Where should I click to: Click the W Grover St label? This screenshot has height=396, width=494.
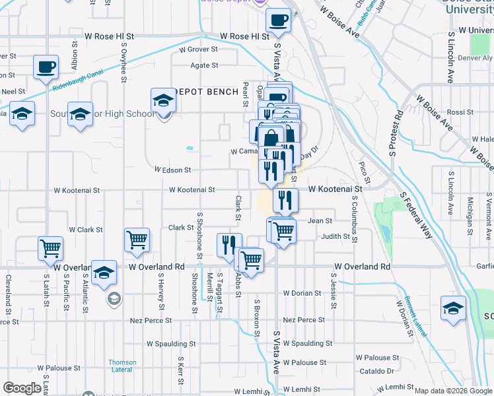197,49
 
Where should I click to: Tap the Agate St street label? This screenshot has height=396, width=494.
205,65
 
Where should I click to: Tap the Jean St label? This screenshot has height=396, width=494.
319,221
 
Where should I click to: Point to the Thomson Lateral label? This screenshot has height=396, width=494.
122,366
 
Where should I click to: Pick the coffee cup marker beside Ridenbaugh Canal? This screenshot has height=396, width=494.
46,67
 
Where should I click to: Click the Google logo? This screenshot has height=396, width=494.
22,388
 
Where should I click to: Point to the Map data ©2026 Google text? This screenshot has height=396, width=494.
453,391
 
